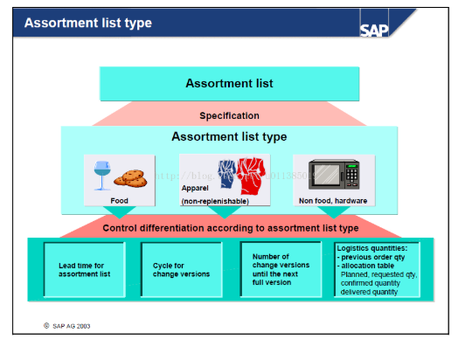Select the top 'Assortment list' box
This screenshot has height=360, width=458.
229,84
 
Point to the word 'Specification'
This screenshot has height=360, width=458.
229,115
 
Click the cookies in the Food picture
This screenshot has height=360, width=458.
131,178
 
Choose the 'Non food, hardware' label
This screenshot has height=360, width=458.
333,199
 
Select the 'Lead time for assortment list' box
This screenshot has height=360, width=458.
85,268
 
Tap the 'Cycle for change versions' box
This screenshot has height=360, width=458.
181,268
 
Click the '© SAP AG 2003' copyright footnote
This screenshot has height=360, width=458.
67,325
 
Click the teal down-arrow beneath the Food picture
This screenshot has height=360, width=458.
119,212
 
